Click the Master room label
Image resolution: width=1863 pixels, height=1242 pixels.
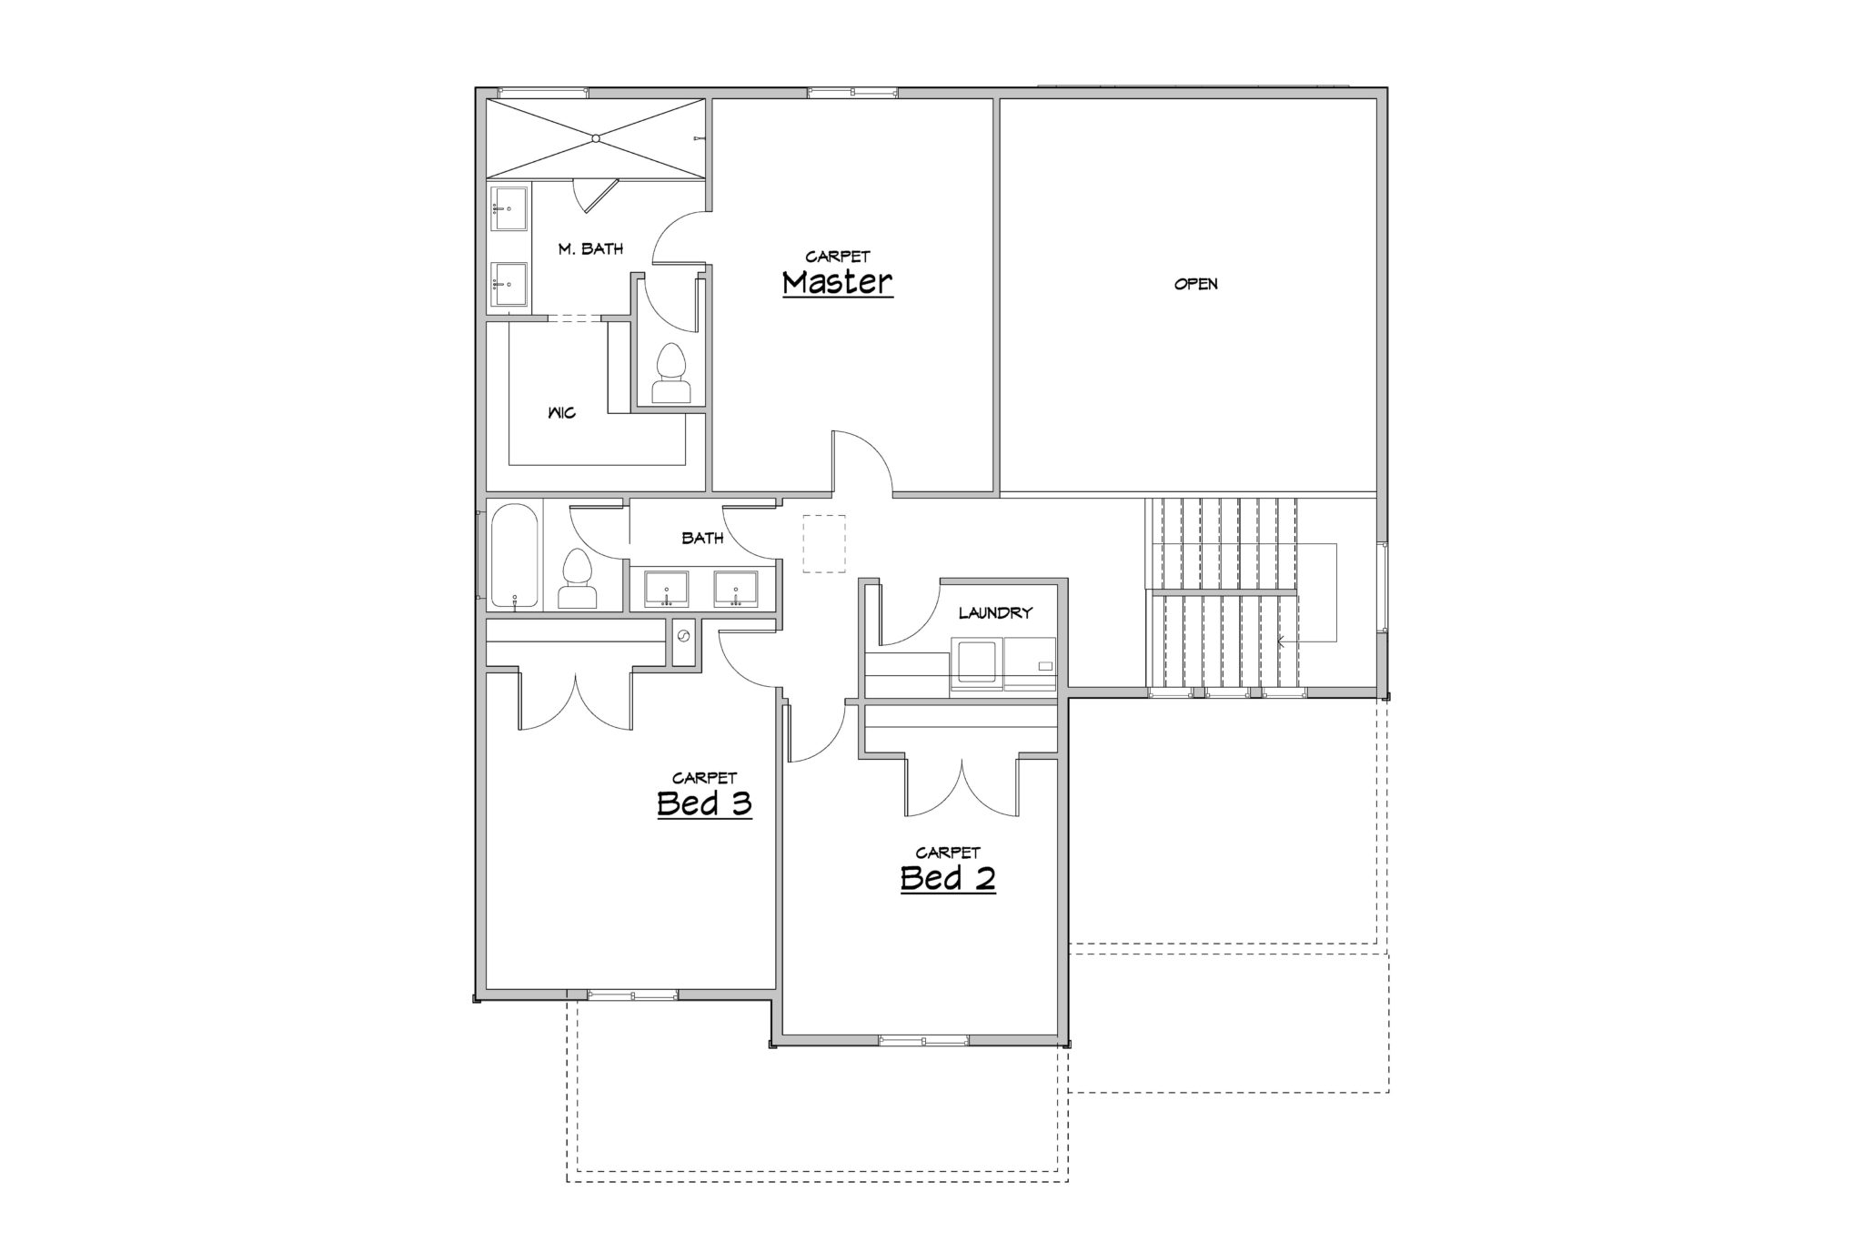coord(838,283)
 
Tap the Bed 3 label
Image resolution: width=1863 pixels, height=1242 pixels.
coord(704,804)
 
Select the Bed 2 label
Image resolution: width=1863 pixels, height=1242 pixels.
coord(948,879)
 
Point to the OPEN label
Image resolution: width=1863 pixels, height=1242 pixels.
coord(1195,284)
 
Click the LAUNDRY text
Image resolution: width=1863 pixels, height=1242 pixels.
coord(995,613)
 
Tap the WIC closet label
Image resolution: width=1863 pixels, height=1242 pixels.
coord(562,413)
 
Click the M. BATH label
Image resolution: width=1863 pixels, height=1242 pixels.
coord(590,248)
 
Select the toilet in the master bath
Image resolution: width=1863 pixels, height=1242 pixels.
coord(671,373)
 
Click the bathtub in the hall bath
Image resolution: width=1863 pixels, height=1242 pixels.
coord(516,555)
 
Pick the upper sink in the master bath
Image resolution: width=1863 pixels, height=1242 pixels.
coord(509,209)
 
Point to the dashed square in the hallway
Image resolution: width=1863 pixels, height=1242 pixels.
coord(824,544)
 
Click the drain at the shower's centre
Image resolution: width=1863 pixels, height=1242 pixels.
coord(595,138)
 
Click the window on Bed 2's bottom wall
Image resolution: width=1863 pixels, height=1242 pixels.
coord(923,1040)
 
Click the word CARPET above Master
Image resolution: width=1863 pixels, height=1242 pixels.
coord(838,257)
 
